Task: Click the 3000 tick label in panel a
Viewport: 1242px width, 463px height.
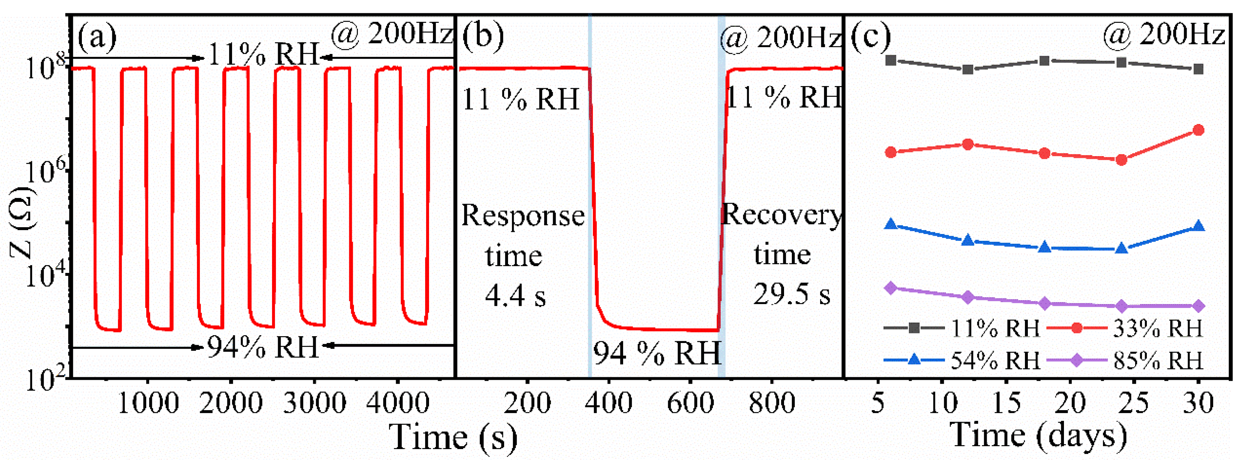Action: (314, 403)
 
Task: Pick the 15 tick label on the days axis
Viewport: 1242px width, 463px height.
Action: (1006, 403)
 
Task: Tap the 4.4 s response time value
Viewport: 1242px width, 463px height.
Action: (515, 296)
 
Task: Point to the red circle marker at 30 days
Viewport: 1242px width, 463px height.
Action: (1198, 130)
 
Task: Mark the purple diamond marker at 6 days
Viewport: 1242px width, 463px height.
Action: (891, 288)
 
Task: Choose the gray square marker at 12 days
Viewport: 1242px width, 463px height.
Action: (968, 69)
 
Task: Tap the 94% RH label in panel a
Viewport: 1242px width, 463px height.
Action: (263, 347)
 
